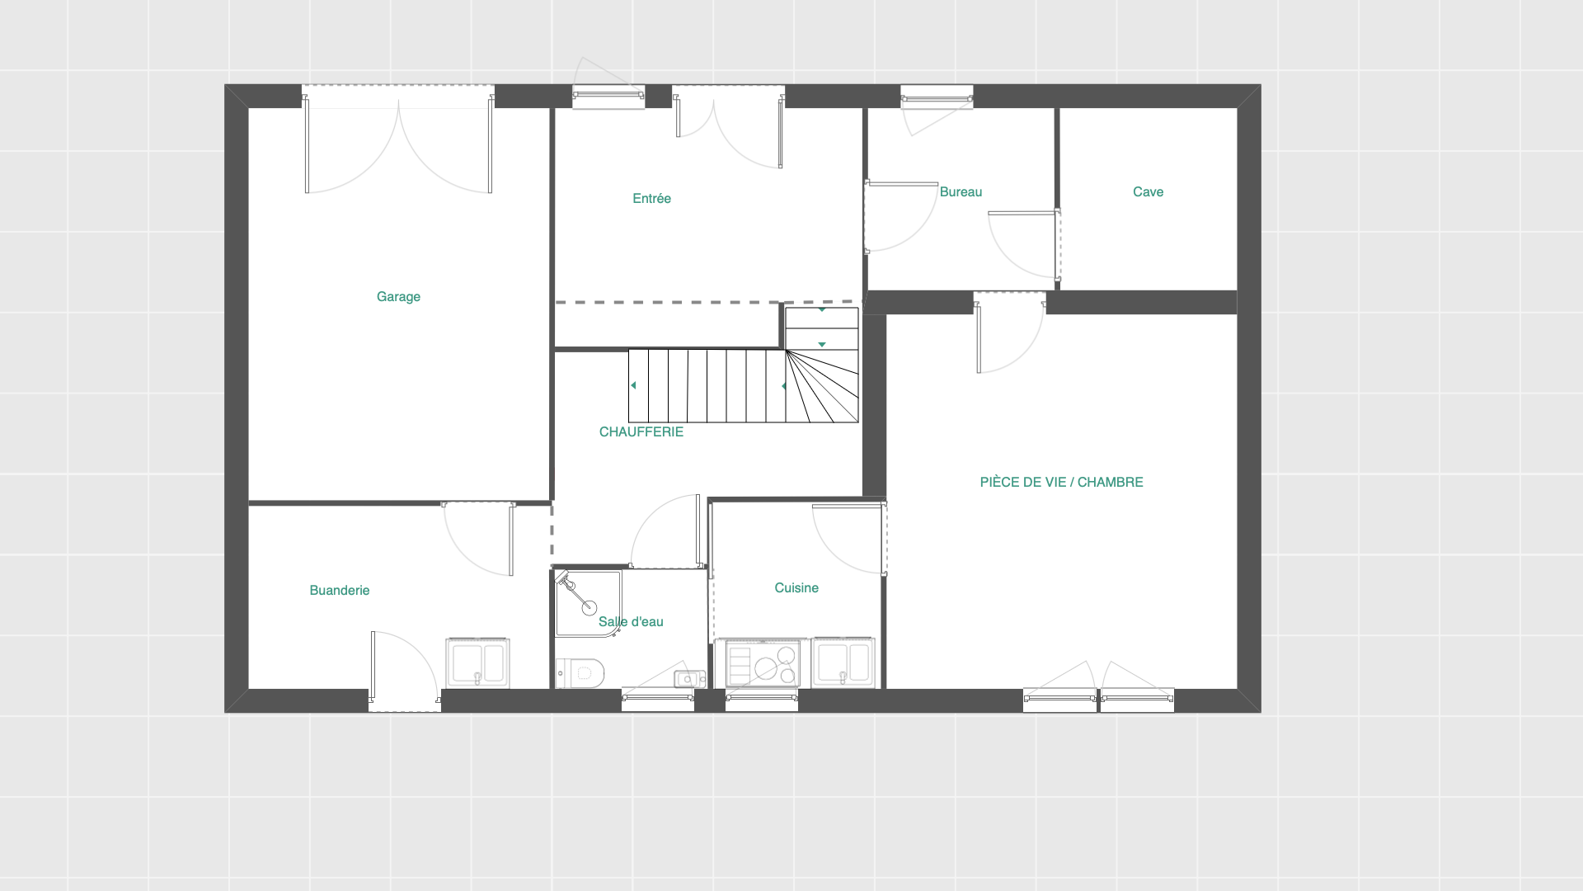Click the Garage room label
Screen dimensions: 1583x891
[398, 297]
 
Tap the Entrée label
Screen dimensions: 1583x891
[651, 199]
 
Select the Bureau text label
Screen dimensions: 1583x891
[961, 192]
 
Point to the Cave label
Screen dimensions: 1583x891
[1148, 192]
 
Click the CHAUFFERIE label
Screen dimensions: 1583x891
[641, 432]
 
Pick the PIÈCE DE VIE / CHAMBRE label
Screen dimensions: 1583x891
[1061, 483]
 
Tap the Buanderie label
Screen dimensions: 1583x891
[339, 591]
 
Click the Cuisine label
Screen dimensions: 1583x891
[796, 588]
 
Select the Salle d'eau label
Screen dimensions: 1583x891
[631, 622]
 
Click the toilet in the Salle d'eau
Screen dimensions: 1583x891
[580, 673]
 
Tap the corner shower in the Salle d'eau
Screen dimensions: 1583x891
[588, 604]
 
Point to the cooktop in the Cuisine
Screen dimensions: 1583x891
[762, 663]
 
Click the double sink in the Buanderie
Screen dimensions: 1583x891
[477, 663]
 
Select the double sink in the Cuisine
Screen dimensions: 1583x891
[843, 663]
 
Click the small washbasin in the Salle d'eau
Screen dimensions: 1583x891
[689, 679]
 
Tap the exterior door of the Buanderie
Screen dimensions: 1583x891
[404, 669]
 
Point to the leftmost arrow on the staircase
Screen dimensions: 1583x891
[633, 386]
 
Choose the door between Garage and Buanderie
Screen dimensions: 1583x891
[478, 538]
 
